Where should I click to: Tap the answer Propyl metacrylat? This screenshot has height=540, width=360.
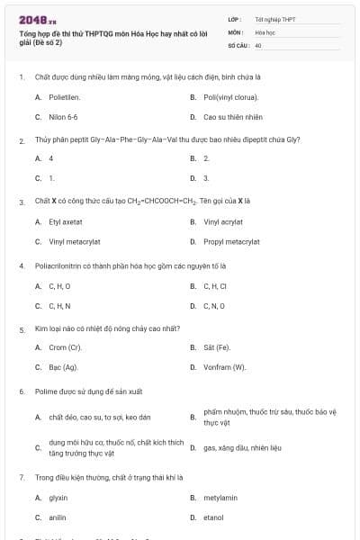[231, 241]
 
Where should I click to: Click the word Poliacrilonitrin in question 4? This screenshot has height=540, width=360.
[59, 265]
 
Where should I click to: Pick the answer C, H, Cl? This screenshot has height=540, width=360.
[217, 286]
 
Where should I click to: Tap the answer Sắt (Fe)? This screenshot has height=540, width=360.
[217, 346]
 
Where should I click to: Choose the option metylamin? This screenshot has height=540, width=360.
[220, 497]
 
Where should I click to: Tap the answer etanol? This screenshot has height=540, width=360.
[213, 517]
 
